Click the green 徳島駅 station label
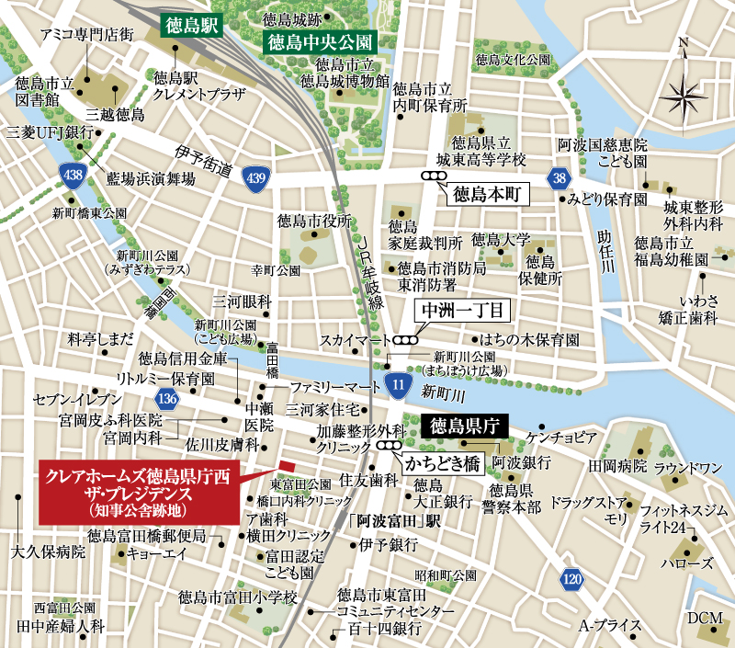pos(187,24)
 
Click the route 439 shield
pos(256,176)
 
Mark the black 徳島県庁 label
pos(464,425)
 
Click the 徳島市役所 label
pos(315,221)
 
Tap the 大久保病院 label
pos(48,553)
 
